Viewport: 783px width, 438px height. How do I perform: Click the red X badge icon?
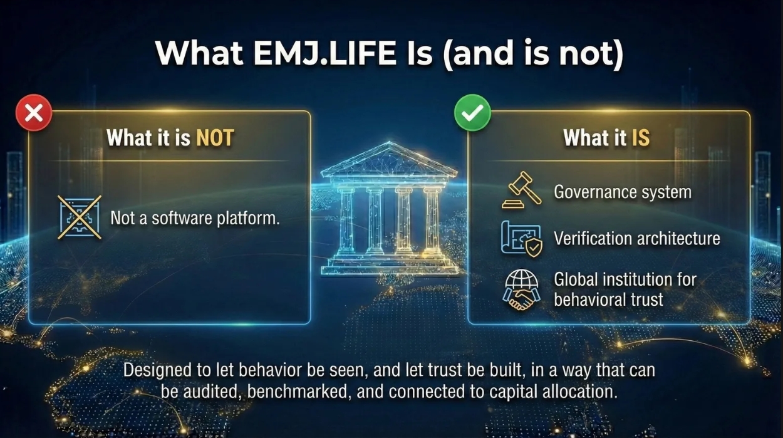(33, 113)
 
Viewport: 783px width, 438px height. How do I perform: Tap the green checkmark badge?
(472, 113)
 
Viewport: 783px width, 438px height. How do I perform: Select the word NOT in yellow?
(215, 138)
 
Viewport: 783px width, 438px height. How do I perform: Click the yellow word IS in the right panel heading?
(640, 138)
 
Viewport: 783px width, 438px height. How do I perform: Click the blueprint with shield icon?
(521, 239)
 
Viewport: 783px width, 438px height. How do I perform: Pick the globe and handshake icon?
(521, 289)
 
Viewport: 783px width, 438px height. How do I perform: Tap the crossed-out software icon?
(80, 217)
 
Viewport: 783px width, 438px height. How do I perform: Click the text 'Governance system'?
(623, 192)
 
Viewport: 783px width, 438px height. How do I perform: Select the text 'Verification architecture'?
(636, 239)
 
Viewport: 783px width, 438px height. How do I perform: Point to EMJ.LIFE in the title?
(324, 54)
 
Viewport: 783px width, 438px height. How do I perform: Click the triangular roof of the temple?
(388, 161)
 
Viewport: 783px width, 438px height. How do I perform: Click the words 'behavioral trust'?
(608, 300)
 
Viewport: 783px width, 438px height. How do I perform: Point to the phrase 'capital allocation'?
(552, 392)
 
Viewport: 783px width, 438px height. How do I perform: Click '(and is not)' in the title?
(533, 54)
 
